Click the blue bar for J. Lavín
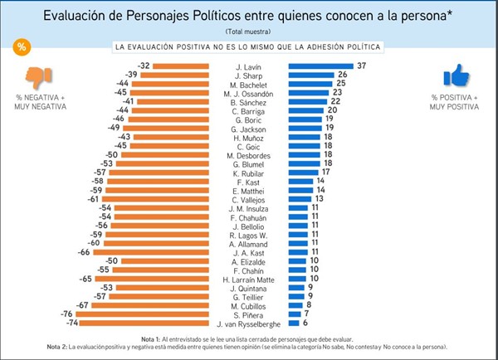[319, 66]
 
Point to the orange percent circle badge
[20, 46]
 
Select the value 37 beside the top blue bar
[360, 66]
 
